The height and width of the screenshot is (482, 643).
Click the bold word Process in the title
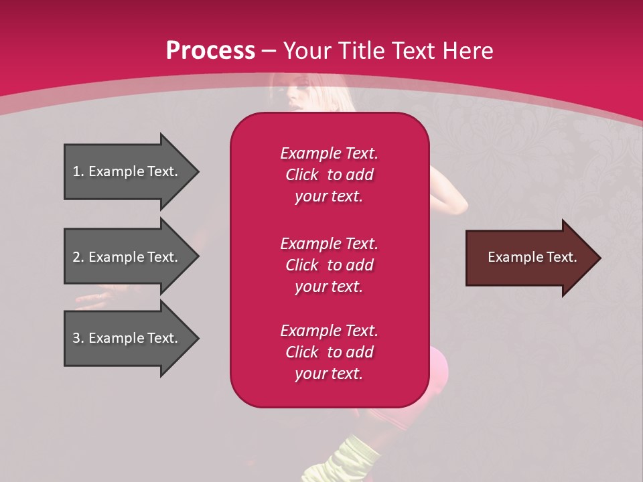pos(210,51)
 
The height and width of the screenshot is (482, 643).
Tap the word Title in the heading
pos(359,51)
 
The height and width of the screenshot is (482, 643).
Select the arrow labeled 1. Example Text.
pos(127,172)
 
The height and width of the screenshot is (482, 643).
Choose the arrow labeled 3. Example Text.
pos(127,339)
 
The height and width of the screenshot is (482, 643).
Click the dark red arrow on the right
pos(529,258)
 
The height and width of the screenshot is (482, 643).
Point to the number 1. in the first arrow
pos(78,172)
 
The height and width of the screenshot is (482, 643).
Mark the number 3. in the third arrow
pos(78,339)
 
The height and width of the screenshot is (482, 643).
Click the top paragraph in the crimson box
pos(329,175)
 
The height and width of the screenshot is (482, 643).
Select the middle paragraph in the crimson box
pos(329,265)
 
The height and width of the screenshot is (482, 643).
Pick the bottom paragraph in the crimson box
pos(329,352)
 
